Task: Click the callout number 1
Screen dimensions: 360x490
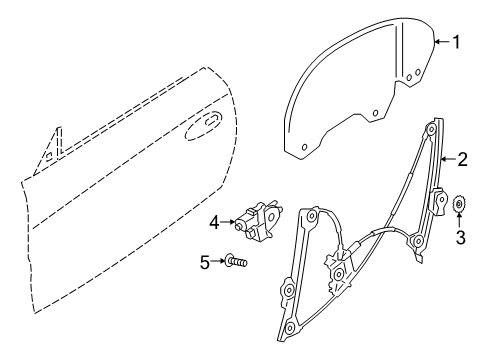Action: tap(457, 42)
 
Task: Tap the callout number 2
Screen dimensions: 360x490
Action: tap(463, 158)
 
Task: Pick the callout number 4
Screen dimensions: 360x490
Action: tap(214, 220)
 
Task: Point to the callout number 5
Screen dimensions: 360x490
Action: tap(205, 262)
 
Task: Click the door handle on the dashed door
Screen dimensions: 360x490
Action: tap(212, 123)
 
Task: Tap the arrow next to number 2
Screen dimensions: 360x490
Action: tap(447, 158)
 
